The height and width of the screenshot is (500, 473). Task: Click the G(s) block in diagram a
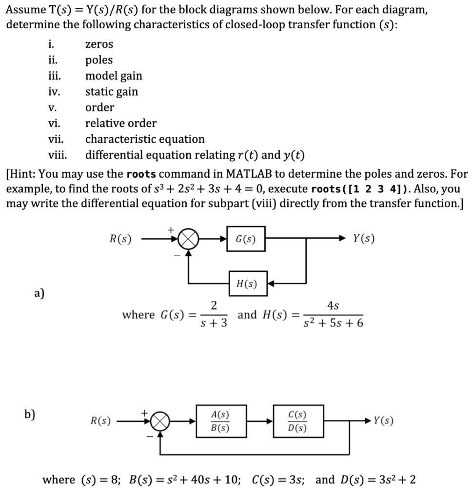pyautogui.click(x=247, y=239)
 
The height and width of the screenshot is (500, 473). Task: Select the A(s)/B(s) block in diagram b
pyautogui.click(x=220, y=421)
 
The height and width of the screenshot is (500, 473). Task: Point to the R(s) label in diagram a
pyautogui.click(x=120, y=239)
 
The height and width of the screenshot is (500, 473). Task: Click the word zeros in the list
pyautogui.click(x=99, y=44)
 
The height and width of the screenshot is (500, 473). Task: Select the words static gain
pyautogui.click(x=112, y=92)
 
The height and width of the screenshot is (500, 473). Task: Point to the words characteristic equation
pyautogui.click(x=145, y=139)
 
